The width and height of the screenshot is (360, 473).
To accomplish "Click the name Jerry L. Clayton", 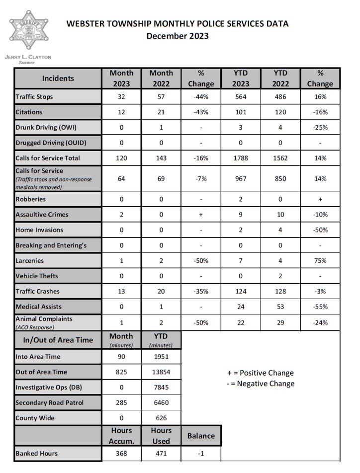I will click(x=28, y=57).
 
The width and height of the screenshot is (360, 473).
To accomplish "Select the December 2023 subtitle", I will click(x=178, y=36).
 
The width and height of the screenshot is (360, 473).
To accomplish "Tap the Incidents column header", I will click(x=58, y=78).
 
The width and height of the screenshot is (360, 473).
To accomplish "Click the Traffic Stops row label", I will click(x=34, y=96).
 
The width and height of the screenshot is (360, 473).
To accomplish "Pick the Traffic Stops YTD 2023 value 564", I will click(x=241, y=96).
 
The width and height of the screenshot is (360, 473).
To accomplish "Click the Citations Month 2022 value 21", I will click(x=161, y=112).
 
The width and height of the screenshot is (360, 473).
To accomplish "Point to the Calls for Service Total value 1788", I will click(x=241, y=158).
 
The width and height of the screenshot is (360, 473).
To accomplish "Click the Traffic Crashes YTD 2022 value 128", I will click(x=280, y=291).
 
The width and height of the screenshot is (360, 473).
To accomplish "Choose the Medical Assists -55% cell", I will click(x=320, y=307).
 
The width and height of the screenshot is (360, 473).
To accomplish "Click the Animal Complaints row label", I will click(x=44, y=319).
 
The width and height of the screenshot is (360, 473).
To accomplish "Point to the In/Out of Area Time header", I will click(x=58, y=340).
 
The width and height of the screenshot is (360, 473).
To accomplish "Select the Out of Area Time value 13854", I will click(x=161, y=372).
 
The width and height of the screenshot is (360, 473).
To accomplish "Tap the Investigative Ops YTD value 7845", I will click(x=161, y=387).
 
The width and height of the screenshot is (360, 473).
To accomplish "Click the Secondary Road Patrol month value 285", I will click(x=121, y=402).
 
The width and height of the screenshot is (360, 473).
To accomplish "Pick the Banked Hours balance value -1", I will click(x=201, y=453).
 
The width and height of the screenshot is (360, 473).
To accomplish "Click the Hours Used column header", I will click(x=161, y=435).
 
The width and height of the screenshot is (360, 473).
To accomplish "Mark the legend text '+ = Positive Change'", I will click(x=261, y=373).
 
